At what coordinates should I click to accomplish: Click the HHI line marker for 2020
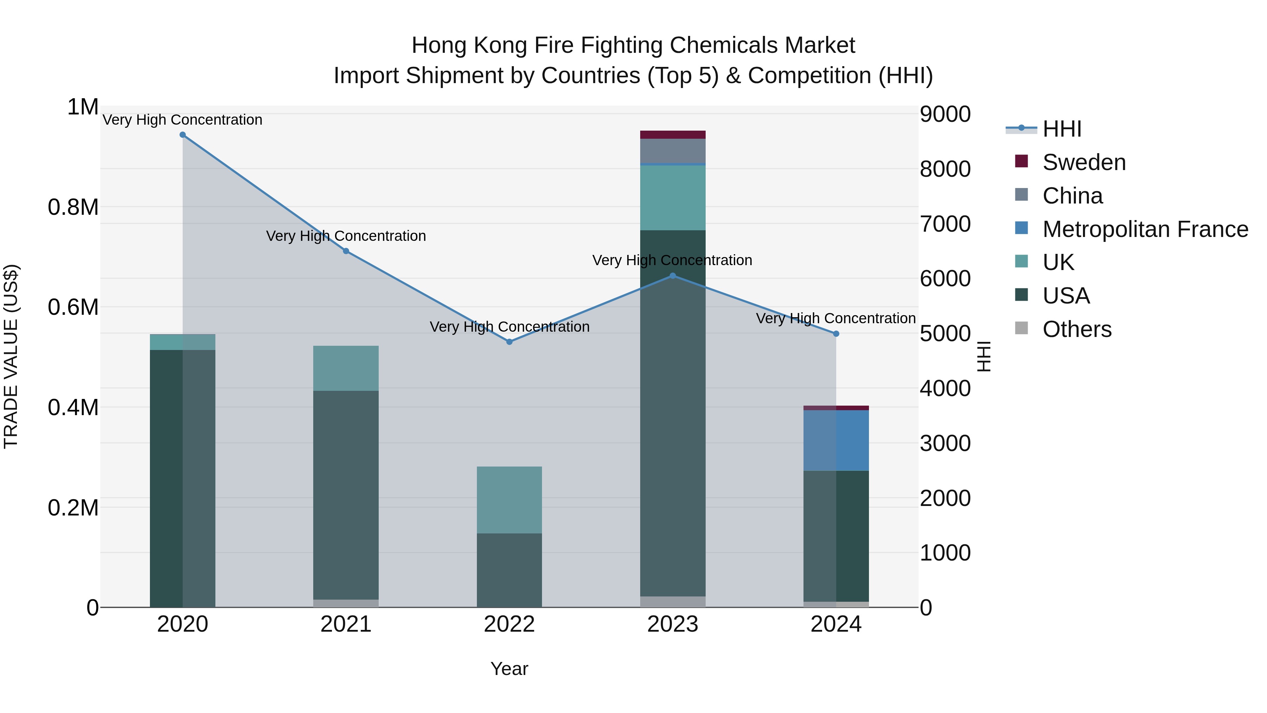[182, 135]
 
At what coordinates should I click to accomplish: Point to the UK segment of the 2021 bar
[346, 368]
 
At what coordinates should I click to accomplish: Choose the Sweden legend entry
[1084, 162]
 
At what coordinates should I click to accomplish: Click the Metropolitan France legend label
[1145, 229]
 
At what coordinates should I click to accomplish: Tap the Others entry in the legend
[1077, 329]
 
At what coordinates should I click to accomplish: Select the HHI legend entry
[1061, 129]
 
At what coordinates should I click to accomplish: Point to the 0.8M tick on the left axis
[73, 207]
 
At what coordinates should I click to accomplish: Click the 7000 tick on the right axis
[945, 224]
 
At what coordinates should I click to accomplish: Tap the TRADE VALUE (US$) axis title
[11, 356]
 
